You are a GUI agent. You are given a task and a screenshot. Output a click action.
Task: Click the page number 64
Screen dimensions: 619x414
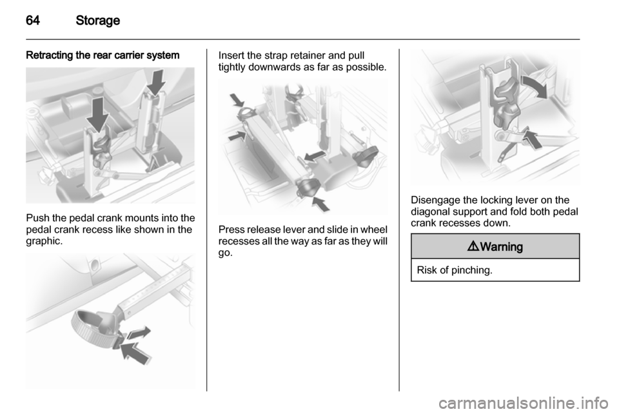pos(33,20)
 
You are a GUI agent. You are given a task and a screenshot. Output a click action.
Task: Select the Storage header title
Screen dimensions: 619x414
pos(97,20)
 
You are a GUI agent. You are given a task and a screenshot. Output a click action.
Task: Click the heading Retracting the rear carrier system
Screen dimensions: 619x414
pos(103,55)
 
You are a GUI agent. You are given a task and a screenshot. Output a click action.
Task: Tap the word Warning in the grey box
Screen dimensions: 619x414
pos(502,247)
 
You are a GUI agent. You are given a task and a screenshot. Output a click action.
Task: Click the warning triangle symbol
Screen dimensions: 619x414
pos(473,246)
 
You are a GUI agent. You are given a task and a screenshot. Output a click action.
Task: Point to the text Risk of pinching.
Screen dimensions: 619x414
pos(455,270)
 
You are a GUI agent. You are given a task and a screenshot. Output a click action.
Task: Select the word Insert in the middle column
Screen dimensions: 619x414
pos(231,55)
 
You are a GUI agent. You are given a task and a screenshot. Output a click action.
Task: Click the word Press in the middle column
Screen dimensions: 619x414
pos(231,230)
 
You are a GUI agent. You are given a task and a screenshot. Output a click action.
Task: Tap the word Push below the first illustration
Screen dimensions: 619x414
pos(38,218)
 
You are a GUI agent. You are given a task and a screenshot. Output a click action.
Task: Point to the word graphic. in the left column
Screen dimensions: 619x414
pos(44,241)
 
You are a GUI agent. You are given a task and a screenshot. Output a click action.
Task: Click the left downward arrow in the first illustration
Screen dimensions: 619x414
pos(97,114)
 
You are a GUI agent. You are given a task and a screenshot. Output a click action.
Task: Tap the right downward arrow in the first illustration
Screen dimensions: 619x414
pos(156,82)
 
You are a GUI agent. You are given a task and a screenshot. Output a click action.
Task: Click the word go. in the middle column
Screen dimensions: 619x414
pos(226,253)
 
